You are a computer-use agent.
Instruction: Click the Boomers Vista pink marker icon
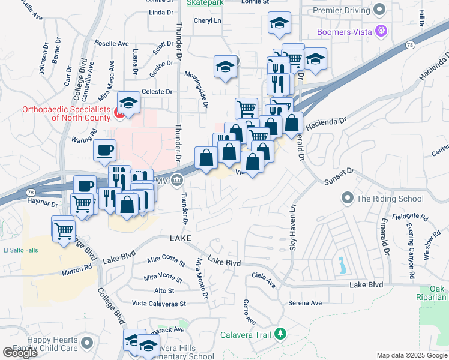(380, 30)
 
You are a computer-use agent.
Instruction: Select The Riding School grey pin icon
(346, 198)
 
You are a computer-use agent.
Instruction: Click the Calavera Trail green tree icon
(280, 334)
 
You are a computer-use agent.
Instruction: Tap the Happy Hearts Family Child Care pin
(88, 343)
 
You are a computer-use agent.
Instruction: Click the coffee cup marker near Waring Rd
(105, 149)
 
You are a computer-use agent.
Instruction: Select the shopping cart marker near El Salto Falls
(63, 229)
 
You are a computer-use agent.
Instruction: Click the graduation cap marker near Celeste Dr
(128, 103)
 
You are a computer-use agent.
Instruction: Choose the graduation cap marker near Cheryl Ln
(279, 23)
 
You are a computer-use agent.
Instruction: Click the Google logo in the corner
(19, 352)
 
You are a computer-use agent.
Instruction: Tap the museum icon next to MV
(177, 179)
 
